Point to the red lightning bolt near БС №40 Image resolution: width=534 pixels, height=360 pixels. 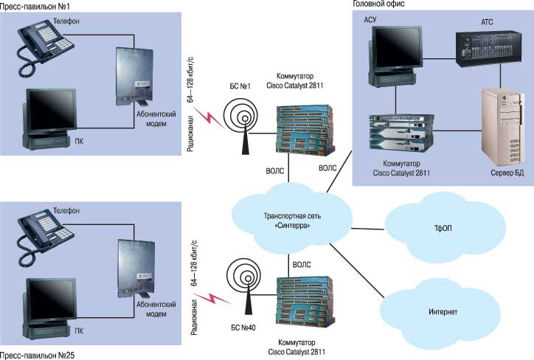215,300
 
